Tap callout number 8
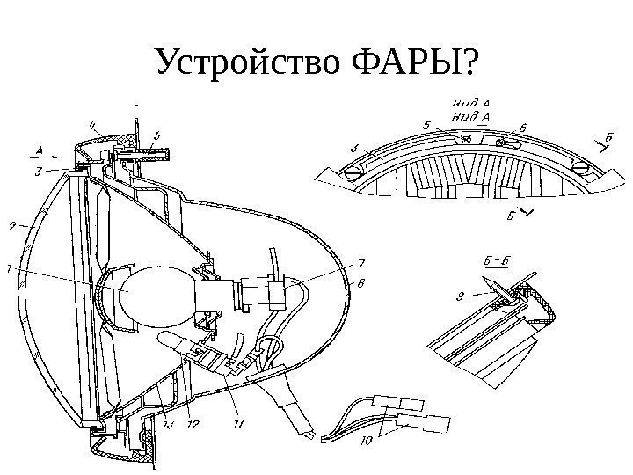pos(360,282)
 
